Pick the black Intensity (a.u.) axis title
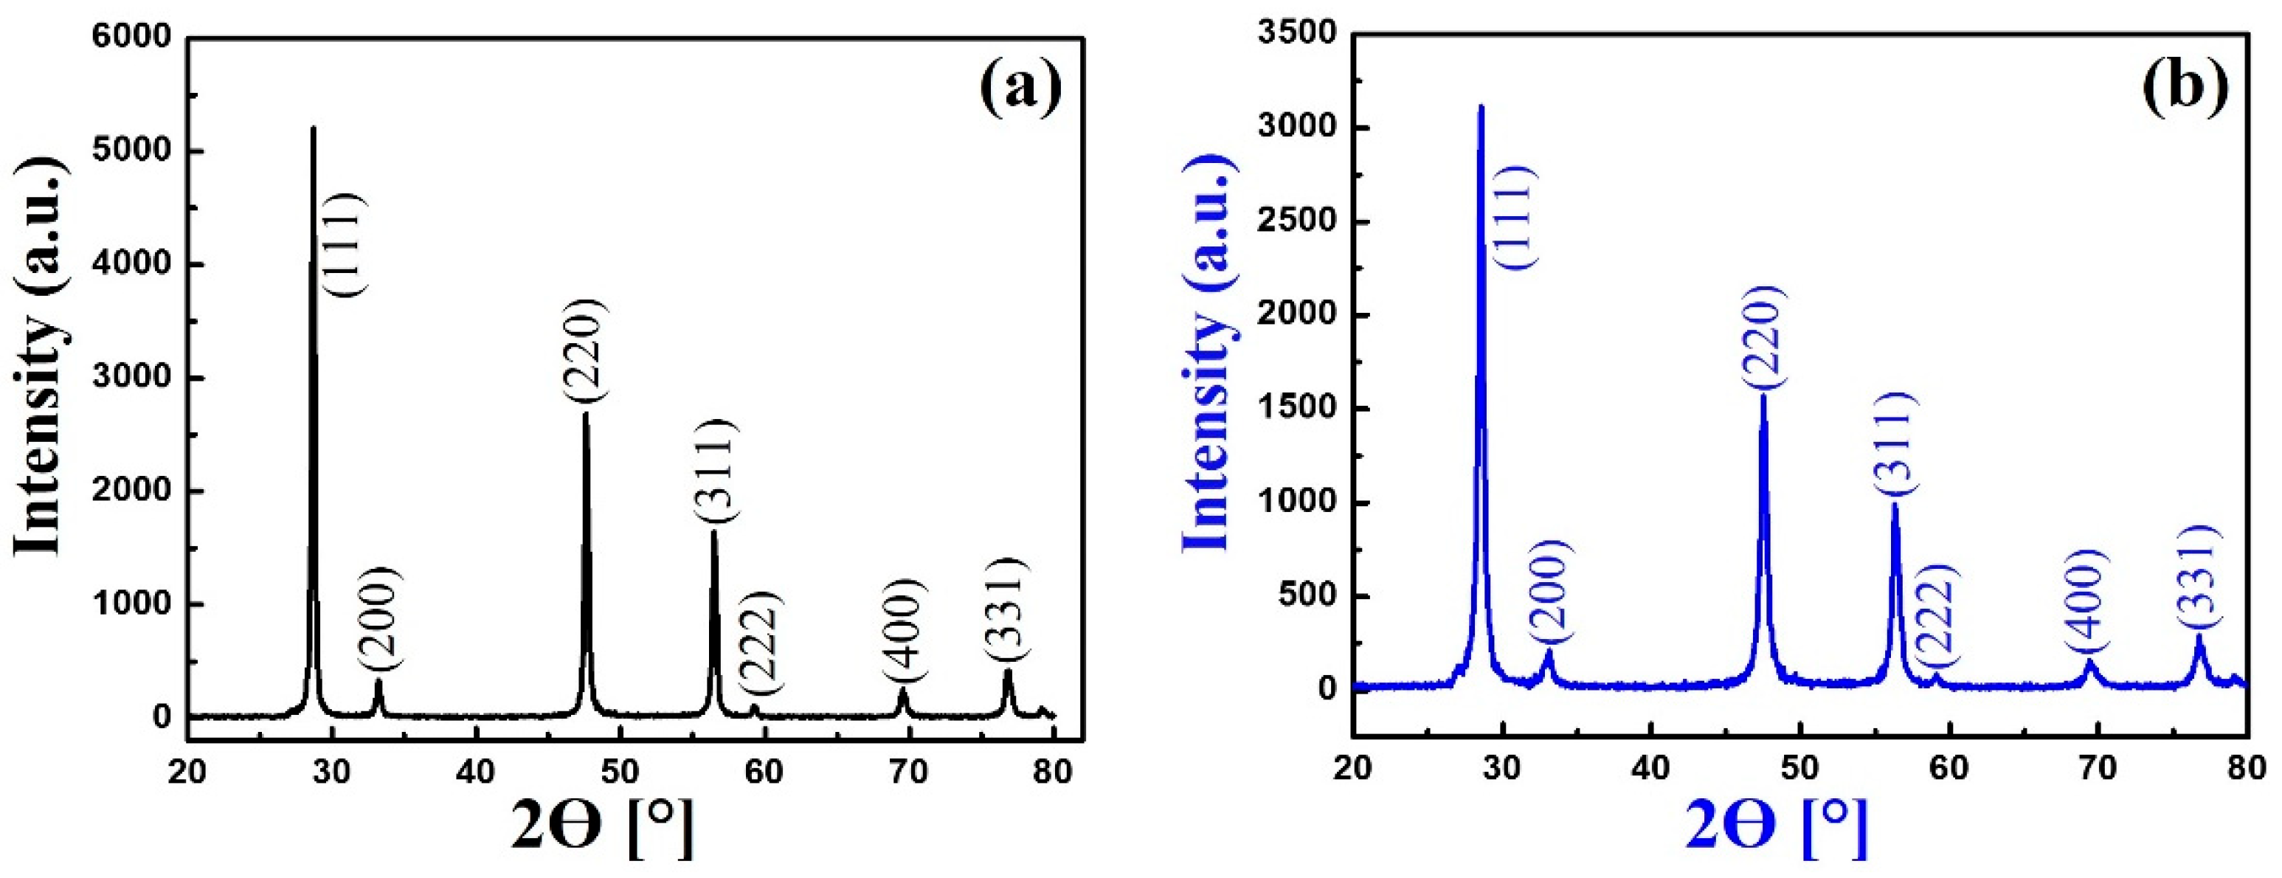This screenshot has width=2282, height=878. point(40,357)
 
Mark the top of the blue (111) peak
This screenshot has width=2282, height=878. point(1480,106)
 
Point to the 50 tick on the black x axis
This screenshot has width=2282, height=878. point(619,772)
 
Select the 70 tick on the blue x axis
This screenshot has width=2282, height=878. point(2098,767)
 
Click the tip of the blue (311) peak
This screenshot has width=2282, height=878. point(1895,504)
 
